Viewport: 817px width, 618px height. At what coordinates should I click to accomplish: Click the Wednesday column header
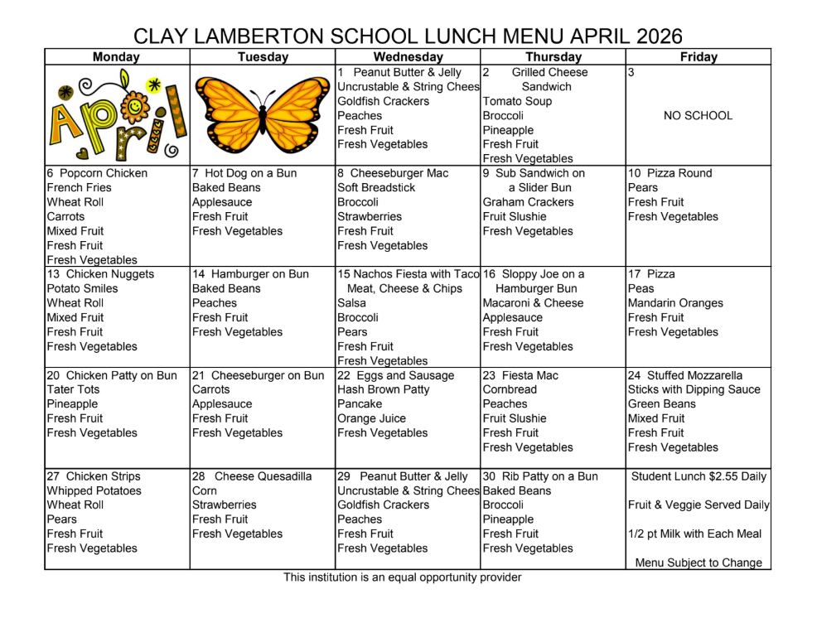408,57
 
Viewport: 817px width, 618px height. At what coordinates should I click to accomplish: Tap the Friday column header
698,57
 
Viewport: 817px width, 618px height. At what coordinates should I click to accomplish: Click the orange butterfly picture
262,115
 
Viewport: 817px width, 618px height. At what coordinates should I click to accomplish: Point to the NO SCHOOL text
698,116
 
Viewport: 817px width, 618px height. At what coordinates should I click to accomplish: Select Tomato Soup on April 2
517,101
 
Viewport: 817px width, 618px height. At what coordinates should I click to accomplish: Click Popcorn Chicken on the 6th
103,173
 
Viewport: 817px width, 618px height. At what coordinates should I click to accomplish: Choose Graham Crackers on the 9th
528,202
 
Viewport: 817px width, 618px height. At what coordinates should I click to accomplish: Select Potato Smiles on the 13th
82,288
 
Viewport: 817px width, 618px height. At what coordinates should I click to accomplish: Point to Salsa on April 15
351,303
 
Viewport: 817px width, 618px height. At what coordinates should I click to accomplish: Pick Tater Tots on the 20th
73,389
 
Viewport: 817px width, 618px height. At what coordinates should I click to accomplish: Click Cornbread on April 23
510,389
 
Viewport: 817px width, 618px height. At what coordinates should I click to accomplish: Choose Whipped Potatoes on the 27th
94,490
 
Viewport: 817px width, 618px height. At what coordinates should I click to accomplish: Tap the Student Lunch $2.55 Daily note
699,476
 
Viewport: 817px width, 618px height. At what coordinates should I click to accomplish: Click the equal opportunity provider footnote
403,577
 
